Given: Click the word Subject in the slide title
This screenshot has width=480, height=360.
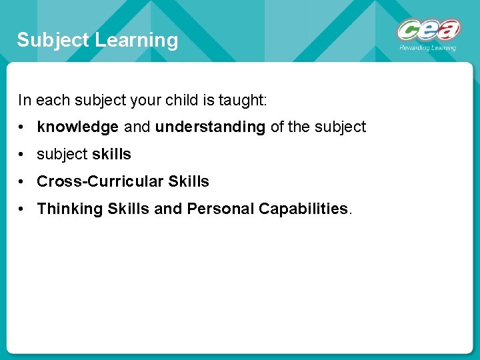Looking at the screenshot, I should click(53, 40).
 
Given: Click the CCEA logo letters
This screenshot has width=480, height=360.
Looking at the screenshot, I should click(428, 30).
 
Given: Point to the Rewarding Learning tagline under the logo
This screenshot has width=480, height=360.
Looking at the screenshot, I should click(427, 48).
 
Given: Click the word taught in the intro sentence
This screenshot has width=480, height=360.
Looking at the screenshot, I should click(243, 100).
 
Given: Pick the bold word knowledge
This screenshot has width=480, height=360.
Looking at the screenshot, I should click(77, 127).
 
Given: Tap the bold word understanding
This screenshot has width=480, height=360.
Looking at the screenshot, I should click(210, 127).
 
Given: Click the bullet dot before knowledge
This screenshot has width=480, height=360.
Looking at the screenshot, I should click(23, 127).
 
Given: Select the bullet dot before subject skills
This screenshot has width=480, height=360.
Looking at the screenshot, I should click(23, 155).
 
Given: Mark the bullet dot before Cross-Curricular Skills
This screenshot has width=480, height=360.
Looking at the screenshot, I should click(23, 182).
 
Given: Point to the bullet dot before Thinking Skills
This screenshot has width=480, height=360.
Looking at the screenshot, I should click(23, 209).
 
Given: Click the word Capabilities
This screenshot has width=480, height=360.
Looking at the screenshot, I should click(303, 209).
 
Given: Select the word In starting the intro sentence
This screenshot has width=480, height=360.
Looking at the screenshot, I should click(24, 100).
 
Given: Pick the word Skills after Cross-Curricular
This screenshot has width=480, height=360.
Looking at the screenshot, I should click(189, 181).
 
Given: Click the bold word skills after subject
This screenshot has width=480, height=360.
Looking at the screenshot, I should click(111, 154).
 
